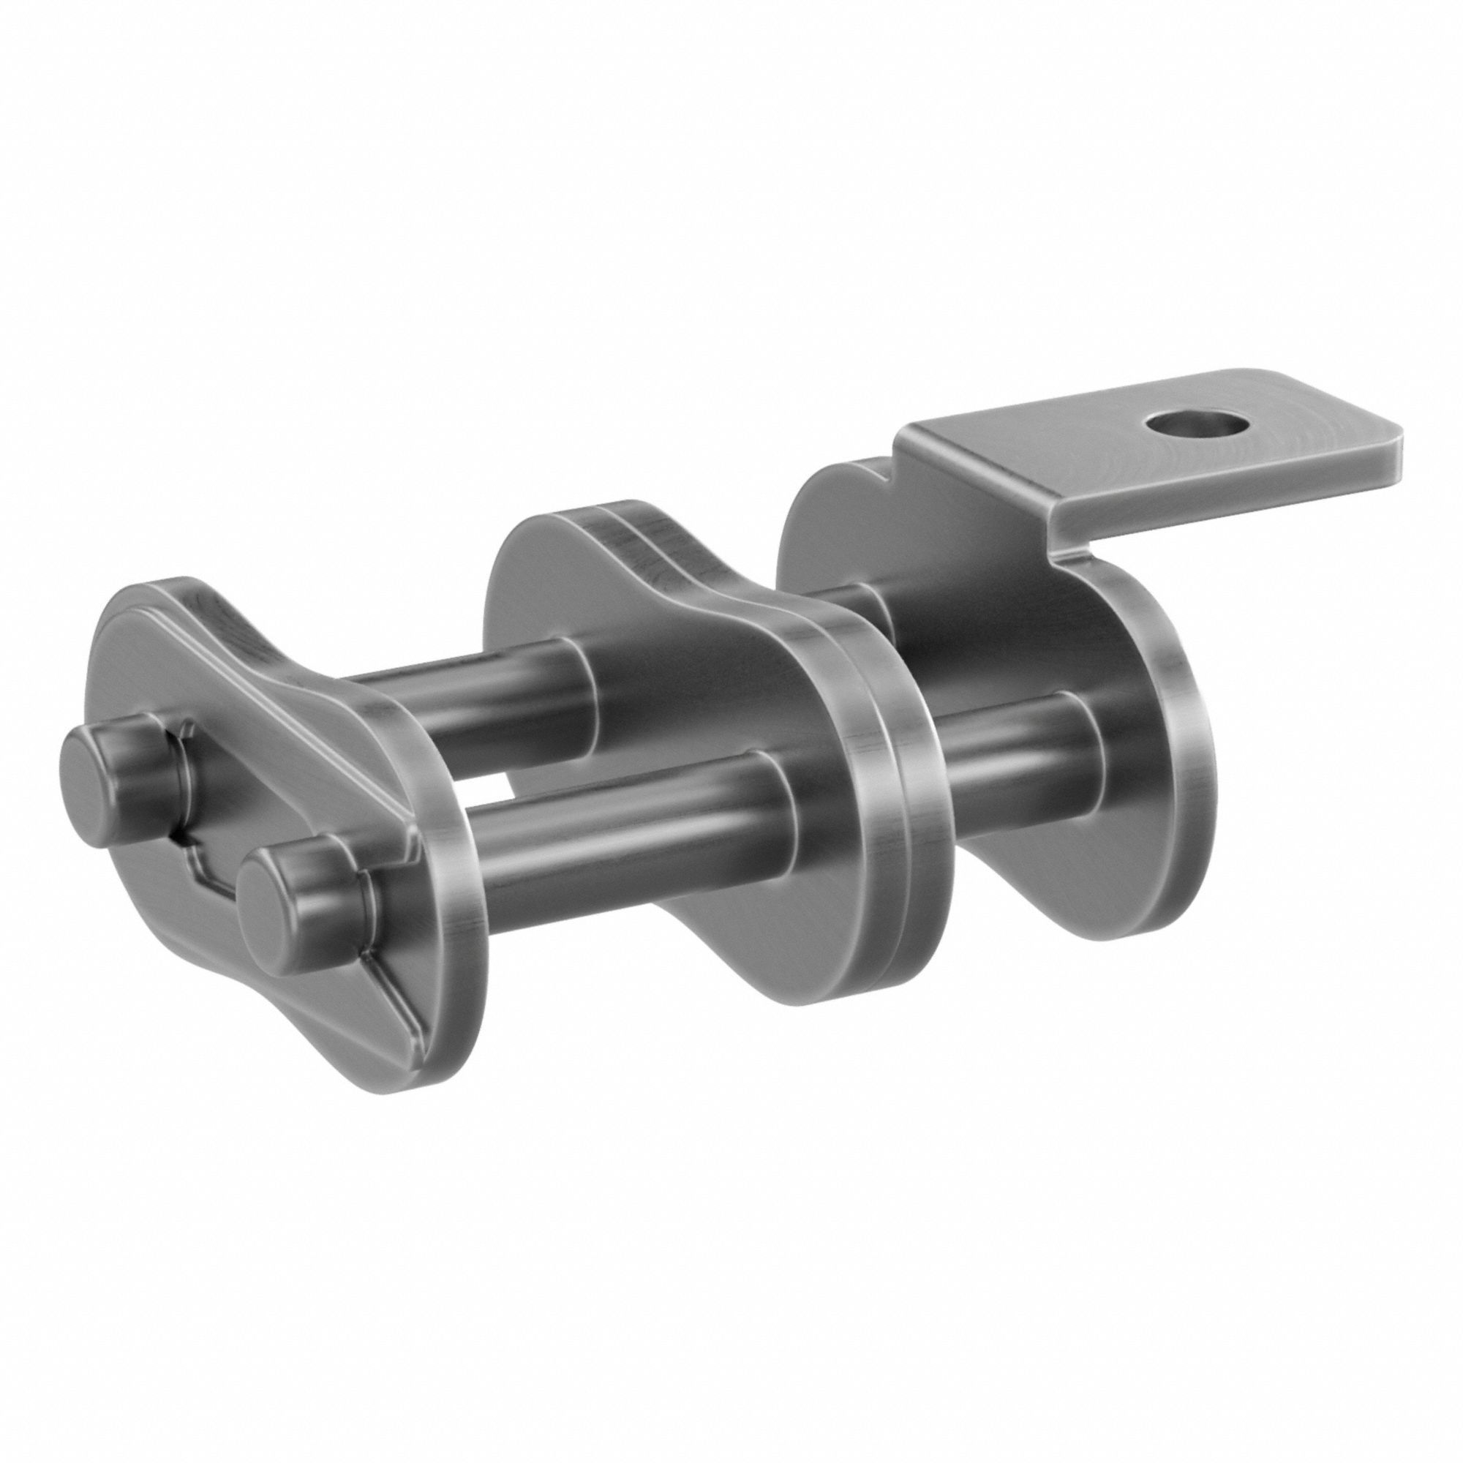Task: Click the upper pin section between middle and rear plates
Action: click(848, 606)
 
